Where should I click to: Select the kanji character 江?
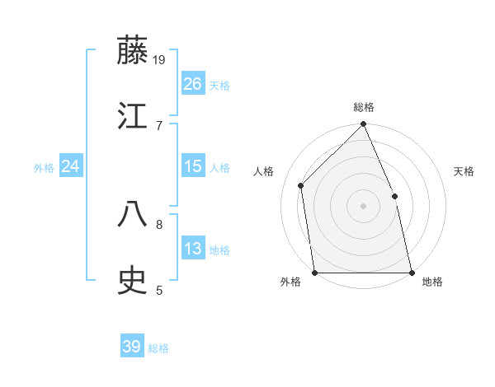[x=133, y=115]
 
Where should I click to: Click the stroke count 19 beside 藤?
[x=159, y=59]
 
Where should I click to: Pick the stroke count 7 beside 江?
[x=158, y=125]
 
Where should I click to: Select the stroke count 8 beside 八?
[x=158, y=223]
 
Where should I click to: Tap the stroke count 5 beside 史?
[x=158, y=290]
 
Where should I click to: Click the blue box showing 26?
[x=193, y=84]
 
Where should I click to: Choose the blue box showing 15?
[x=193, y=166]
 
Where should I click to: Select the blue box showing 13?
[x=193, y=249]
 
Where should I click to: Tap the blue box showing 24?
[x=71, y=166]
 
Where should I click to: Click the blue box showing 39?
[x=132, y=347]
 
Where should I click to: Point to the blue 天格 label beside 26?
[x=219, y=86]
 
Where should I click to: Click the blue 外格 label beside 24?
[x=44, y=168]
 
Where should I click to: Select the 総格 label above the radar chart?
[x=364, y=107]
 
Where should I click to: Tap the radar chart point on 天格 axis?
[x=394, y=196]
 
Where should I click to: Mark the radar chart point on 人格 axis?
[x=301, y=185]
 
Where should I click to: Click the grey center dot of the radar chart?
[x=363, y=206]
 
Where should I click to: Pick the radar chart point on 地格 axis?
[x=411, y=272]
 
